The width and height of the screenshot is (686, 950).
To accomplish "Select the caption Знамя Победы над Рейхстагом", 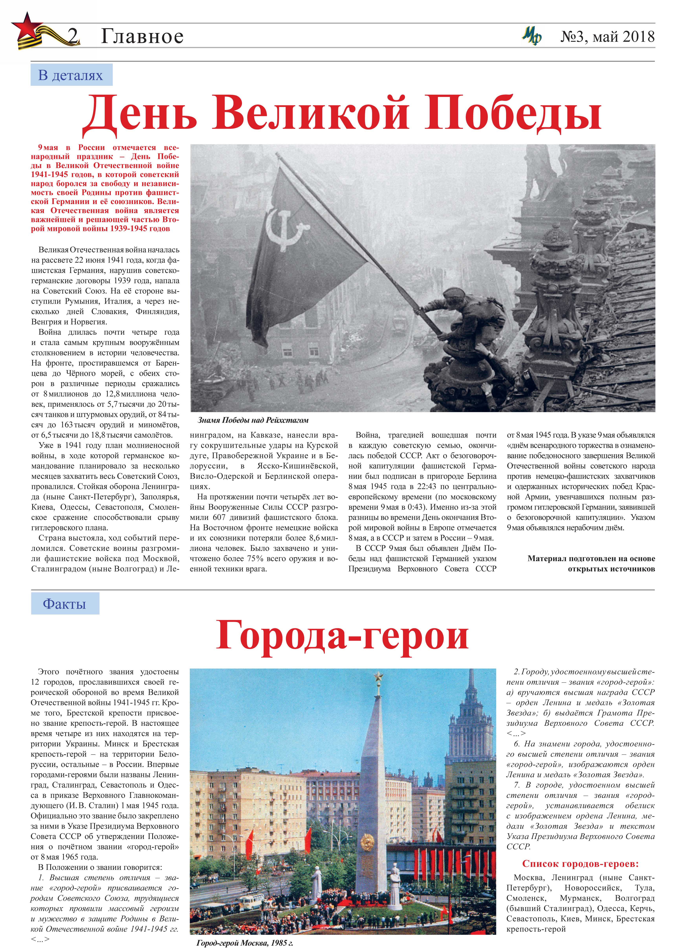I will [253, 420].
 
